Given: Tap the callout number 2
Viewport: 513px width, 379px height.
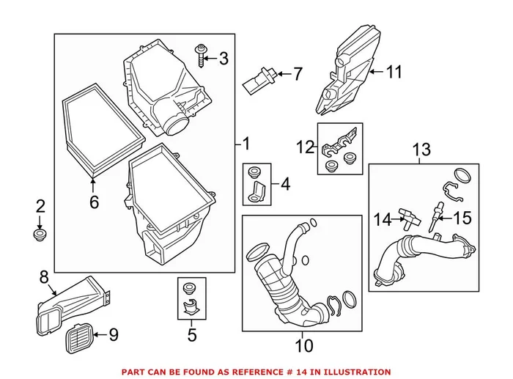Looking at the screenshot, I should pyautogui.click(x=41, y=207).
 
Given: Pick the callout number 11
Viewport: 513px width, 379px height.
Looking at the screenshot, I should pyautogui.click(x=395, y=72).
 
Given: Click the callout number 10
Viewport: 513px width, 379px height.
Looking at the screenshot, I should pyautogui.click(x=303, y=344).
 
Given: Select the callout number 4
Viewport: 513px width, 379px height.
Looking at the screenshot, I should pyautogui.click(x=284, y=184).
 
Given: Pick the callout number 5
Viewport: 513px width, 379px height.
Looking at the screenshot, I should pyautogui.click(x=193, y=336).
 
